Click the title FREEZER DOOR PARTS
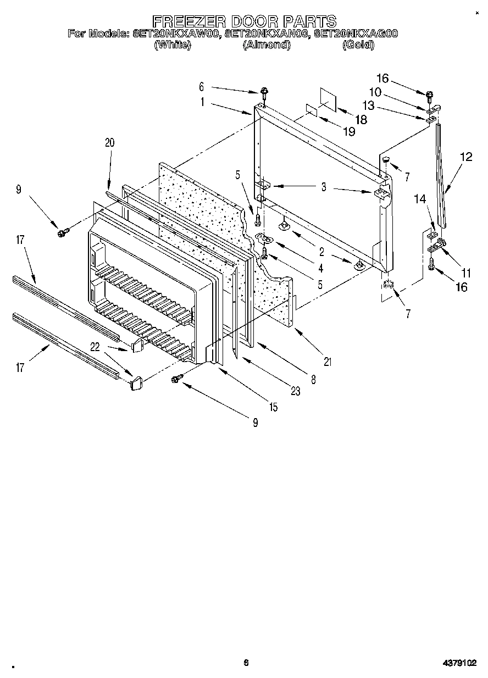244,21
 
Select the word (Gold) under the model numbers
358,45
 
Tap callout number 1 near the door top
202,102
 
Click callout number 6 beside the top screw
201,86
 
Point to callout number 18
361,119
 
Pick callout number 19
348,132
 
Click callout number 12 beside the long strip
466,157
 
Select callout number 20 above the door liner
109,142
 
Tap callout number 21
328,362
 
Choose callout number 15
273,407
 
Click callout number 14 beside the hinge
421,201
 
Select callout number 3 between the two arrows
324,187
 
